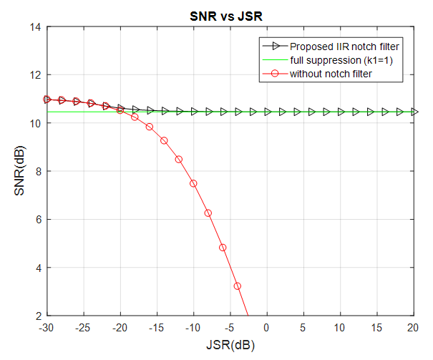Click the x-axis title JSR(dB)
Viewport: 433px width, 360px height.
coord(230,344)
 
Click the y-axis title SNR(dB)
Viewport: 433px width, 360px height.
coord(19,172)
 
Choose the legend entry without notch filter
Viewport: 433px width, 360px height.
coord(331,73)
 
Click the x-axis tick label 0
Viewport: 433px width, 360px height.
coord(267,327)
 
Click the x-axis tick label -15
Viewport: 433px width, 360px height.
coord(157,327)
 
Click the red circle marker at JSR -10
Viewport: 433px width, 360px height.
coord(193,183)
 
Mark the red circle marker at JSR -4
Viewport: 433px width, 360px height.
coord(237,286)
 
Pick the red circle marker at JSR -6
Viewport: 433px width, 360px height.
coord(223,247)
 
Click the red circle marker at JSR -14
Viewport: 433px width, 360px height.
coord(164,140)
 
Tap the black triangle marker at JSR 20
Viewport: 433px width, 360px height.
coord(414,112)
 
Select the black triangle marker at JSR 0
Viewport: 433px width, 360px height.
coord(267,112)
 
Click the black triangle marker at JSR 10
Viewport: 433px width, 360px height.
coord(340,112)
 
